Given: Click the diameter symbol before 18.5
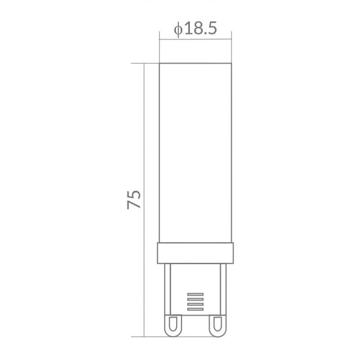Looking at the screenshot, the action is click(x=178, y=29).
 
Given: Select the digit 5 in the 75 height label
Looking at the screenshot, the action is click(x=134, y=194).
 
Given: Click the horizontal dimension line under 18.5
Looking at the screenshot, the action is click(x=195, y=39).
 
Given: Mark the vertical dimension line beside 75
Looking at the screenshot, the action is click(x=144, y=200).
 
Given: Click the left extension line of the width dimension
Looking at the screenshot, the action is click(x=159, y=47).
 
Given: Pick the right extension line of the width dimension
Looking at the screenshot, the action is click(x=231, y=47).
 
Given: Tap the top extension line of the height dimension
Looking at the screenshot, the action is click(x=145, y=63).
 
